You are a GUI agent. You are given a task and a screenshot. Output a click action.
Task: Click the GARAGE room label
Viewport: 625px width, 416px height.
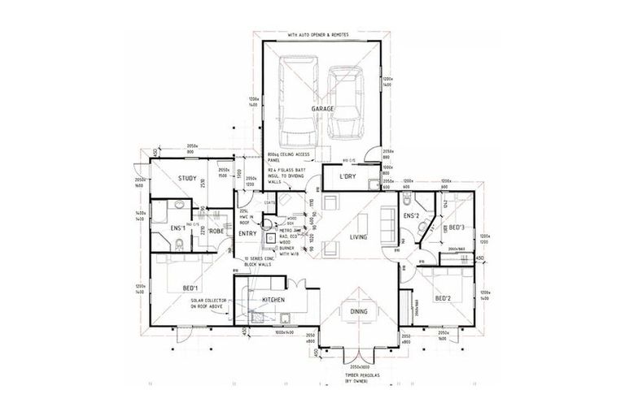click(323, 108)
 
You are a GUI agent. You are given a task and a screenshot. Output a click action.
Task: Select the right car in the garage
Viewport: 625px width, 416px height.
click(346, 102)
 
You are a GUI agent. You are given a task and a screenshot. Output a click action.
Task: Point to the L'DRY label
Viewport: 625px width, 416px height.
click(338, 176)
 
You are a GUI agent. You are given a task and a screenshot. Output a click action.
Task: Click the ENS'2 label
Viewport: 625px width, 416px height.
click(410, 215)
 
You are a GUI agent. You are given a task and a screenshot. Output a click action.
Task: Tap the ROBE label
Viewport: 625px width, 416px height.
click(216, 232)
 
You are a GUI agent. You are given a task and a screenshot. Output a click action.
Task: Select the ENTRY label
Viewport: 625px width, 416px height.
click(247, 234)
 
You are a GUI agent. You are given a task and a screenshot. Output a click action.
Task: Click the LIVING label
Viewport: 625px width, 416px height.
click(359, 238)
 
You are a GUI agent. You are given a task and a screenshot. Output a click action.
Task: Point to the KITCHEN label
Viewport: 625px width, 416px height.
click(273, 301)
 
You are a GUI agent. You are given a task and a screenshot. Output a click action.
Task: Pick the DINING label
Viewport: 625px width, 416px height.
click(358, 310)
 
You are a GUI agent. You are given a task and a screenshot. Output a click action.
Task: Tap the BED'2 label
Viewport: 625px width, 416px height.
click(444, 298)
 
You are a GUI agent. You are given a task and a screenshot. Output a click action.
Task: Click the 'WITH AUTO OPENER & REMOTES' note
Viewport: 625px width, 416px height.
click(323, 37)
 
